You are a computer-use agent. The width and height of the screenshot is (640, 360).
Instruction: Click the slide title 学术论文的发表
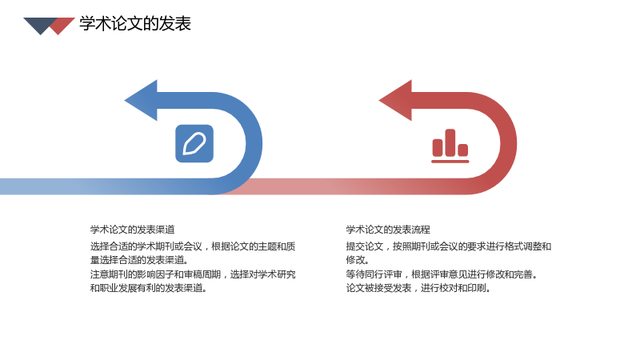click(135, 24)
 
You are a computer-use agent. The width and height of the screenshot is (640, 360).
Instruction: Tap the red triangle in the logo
click(62, 26)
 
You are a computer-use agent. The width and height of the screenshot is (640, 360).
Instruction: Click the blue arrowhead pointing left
click(142, 101)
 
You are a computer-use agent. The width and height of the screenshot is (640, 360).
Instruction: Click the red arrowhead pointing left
click(396, 101)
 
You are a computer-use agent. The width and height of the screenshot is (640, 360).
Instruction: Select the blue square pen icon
click(194, 143)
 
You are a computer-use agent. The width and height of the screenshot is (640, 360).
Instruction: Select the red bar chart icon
click(450, 146)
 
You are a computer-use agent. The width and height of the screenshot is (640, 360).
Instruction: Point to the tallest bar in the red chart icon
click(450, 142)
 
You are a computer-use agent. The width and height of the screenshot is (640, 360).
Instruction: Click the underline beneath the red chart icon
click(450, 162)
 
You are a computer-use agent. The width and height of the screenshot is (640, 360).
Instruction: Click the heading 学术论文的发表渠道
click(132, 230)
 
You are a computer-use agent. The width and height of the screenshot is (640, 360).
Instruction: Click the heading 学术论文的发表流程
click(388, 230)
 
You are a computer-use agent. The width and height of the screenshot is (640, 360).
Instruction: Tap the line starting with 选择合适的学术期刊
click(193, 246)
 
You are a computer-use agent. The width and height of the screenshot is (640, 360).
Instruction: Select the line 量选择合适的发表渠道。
click(139, 259)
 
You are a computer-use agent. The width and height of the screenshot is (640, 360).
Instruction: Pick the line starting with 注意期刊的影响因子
click(193, 274)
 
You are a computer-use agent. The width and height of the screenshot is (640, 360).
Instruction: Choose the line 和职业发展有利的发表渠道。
click(149, 288)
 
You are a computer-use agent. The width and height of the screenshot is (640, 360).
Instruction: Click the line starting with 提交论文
click(449, 246)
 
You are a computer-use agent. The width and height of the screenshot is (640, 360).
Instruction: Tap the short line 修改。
click(358, 259)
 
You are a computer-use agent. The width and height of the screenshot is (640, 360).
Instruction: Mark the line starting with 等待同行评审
click(442, 274)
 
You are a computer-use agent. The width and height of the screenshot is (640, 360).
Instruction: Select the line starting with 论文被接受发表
click(418, 288)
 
